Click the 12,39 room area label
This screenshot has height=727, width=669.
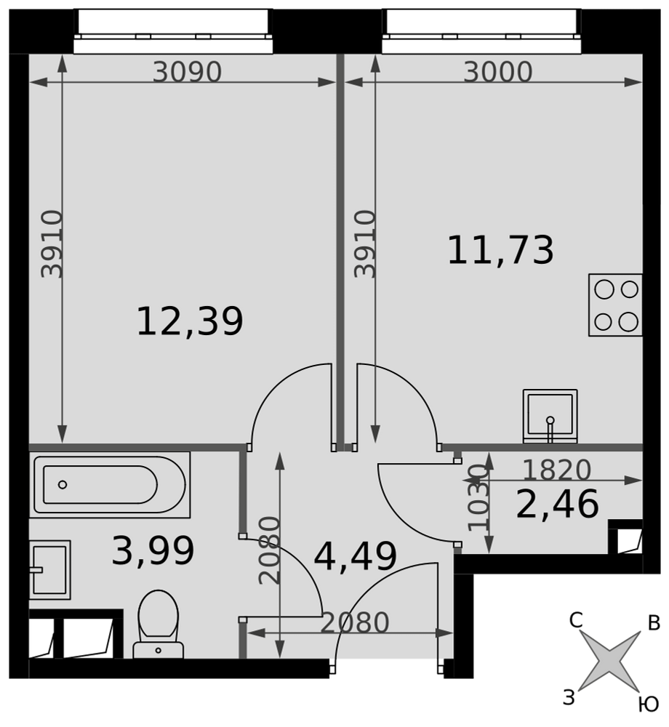coord(190,321)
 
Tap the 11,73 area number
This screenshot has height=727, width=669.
coord(500,250)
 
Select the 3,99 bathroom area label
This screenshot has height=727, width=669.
coord(153,550)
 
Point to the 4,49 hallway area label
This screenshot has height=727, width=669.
coord(355,556)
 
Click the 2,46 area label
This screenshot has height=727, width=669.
coord(557,505)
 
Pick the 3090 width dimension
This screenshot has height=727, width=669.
coord(188,72)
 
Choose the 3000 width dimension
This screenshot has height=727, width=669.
coord(498,72)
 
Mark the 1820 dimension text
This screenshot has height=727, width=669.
coord(557,470)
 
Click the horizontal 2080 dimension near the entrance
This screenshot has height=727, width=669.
coord(355,623)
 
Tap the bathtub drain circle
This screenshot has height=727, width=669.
coord(63,484)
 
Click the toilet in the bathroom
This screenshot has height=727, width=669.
coord(158,624)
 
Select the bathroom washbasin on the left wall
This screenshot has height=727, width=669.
coord(49,569)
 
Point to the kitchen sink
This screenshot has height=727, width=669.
coord(550,416)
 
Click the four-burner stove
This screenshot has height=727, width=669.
coord(616,305)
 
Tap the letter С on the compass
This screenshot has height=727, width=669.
coord(576,620)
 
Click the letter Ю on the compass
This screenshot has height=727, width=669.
coord(649,704)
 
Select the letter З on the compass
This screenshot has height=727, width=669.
coord(569,697)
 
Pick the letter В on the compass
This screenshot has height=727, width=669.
coord(654,624)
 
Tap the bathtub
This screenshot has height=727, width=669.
coord(110,484)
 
